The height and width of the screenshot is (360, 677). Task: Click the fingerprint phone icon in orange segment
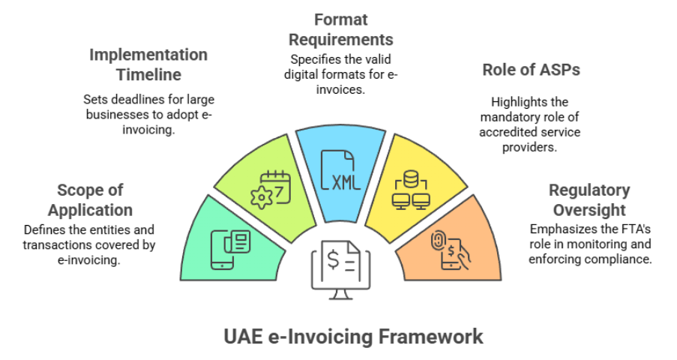(x=451, y=247)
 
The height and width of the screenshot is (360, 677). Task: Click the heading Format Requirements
(x=341, y=28)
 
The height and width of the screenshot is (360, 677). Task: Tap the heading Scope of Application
(x=90, y=199)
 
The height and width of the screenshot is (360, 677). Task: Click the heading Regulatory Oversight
(x=589, y=199)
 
